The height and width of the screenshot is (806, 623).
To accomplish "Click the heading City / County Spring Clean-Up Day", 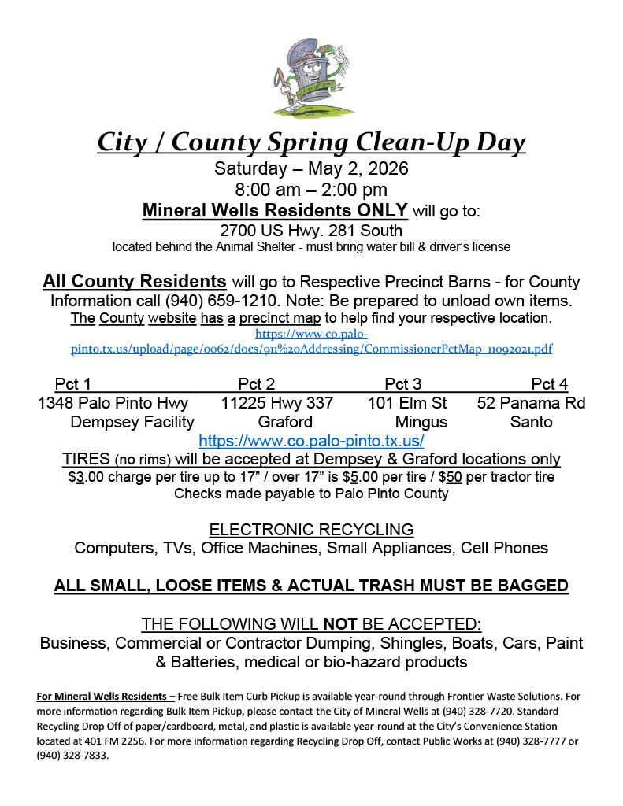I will coord(311,142).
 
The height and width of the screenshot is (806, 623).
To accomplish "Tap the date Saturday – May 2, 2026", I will coord(311,169).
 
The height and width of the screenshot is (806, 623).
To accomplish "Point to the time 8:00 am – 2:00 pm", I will coord(311,190).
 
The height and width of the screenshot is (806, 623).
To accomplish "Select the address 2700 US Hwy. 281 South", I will coord(311,231).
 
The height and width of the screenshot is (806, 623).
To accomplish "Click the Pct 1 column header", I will coord(73,384).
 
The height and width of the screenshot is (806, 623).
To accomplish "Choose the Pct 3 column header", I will coord(403,384).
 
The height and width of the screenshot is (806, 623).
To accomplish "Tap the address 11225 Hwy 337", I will coord(277,403).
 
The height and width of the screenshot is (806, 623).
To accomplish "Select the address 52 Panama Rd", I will coord(531,403).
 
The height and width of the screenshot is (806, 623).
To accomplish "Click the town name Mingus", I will coord(421,422).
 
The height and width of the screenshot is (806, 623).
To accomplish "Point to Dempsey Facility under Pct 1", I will coord(121,422).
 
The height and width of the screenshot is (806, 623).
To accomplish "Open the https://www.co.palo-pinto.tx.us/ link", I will coord(311,441).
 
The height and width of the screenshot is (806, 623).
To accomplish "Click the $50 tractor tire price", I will coord(451,477).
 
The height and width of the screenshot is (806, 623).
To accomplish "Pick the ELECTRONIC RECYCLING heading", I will coord(311,529).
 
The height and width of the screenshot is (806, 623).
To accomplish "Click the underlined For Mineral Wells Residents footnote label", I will coord(106,696).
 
